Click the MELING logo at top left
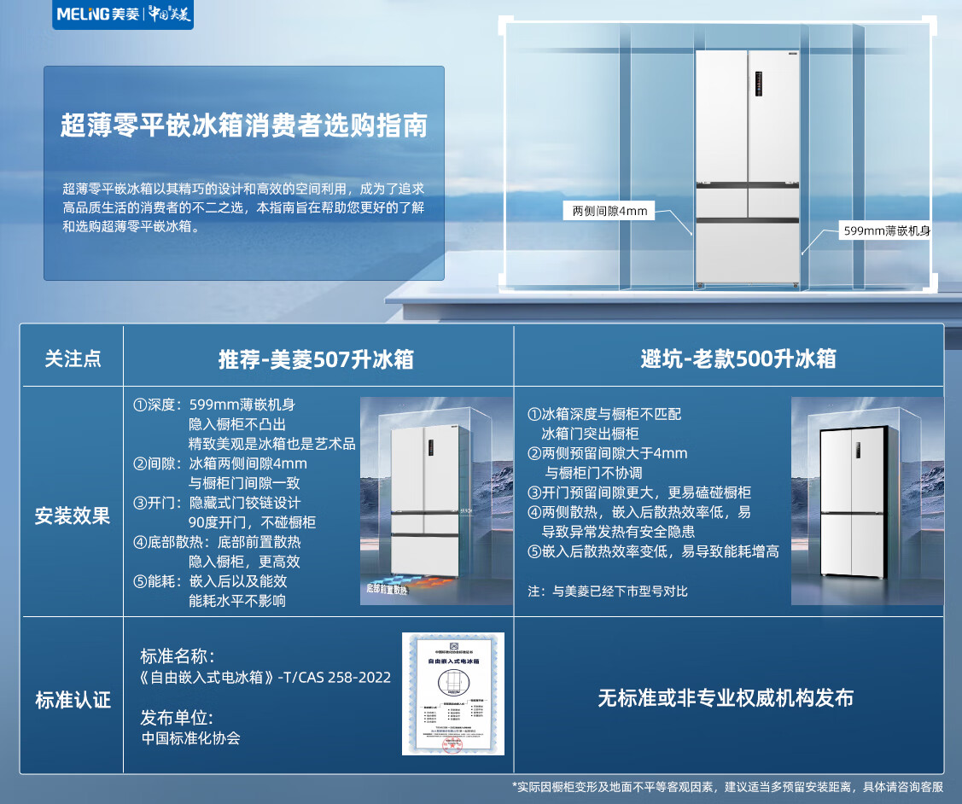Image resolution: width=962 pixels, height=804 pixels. pyautogui.click(x=123, y=15)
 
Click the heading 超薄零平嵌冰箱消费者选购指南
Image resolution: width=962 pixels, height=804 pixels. pyautogui.click(x=243, y=126)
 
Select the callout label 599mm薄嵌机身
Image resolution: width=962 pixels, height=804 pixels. pyautogui.click(x=886, y=230)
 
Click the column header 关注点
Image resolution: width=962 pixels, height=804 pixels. pyautogui.click(x=73, y=358)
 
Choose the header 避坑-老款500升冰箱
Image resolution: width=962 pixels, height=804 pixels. pyautogui.click(x=738, y=359)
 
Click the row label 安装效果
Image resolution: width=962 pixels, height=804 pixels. pyautogui.click(x=73, y=516)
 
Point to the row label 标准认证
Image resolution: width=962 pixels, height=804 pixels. pyautogui.click(x=73, y=701)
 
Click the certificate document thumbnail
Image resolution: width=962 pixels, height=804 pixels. pyautogui.click(x=453, y=693)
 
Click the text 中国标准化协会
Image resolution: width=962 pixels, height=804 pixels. pyautogui.click(x=191, y=738)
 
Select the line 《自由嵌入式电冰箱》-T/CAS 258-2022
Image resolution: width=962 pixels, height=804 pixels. pyautogui.click(x=265, y=677)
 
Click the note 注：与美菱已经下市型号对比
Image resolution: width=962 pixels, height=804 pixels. pyautogui.click(x=608, y=591)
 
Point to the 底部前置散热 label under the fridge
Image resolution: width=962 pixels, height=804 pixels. pyautogui.click(x=389, y=588)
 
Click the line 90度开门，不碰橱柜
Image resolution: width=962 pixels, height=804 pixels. pyautogui.click(x=252, y=522)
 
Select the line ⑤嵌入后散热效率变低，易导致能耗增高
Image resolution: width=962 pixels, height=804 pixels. pyautogui.click(x=653, y=551)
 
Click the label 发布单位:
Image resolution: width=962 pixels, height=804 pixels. pyautogui.click(x=177, y=718)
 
